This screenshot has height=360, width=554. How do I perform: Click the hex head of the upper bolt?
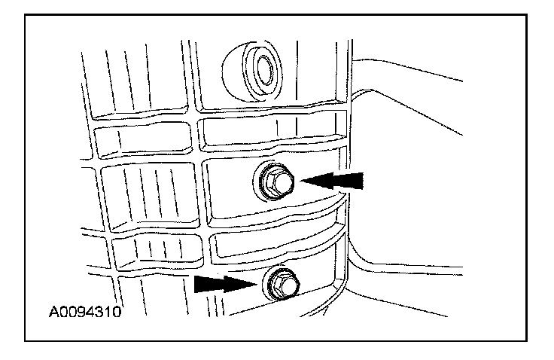275,182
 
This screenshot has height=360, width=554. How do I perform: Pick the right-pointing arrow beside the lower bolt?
224,283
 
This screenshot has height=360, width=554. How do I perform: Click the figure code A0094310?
86,310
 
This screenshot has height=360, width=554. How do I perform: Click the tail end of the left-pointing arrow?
362,181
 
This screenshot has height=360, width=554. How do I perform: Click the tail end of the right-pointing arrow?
196,283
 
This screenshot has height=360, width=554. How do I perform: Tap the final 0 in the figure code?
117,310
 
